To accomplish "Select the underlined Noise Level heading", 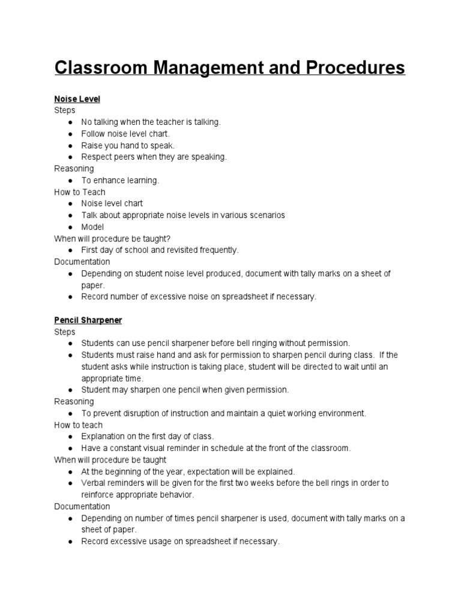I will [x=77, y=99].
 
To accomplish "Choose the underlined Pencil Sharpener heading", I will [x=88, y=320].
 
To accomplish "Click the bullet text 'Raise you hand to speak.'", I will [x=128, y=145].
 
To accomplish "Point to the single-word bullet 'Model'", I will [x=92, y=227].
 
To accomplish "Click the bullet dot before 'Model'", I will [x=70, y=227].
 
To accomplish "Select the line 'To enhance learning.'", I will [x=120, y=180].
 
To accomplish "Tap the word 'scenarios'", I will [x=265, y=215].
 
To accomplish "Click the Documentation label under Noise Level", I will [x=82, y=262].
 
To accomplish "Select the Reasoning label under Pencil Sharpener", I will [x=74, y=401].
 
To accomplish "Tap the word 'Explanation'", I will [x=104, y=436].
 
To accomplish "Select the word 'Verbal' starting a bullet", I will [x=94, y=483].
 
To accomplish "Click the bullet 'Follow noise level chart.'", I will [x=125, y=133].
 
